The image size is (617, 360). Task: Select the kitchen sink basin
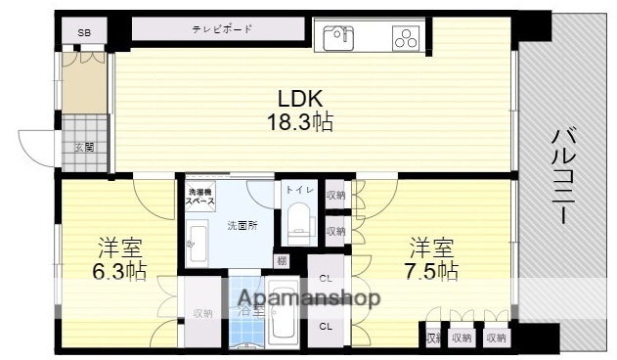(339, 37)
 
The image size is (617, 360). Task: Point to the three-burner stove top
(405, 37)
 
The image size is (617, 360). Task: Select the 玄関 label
(84, 148)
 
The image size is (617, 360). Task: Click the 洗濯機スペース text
(201, 196)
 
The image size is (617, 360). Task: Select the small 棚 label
(282, 260)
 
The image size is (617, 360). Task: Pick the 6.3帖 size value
(121, 271)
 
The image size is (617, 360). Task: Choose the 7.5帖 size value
(433, 270)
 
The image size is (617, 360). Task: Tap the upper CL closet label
(325, 277)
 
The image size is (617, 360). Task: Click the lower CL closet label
(325, 326)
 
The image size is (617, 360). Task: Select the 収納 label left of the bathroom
(202, 313)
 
